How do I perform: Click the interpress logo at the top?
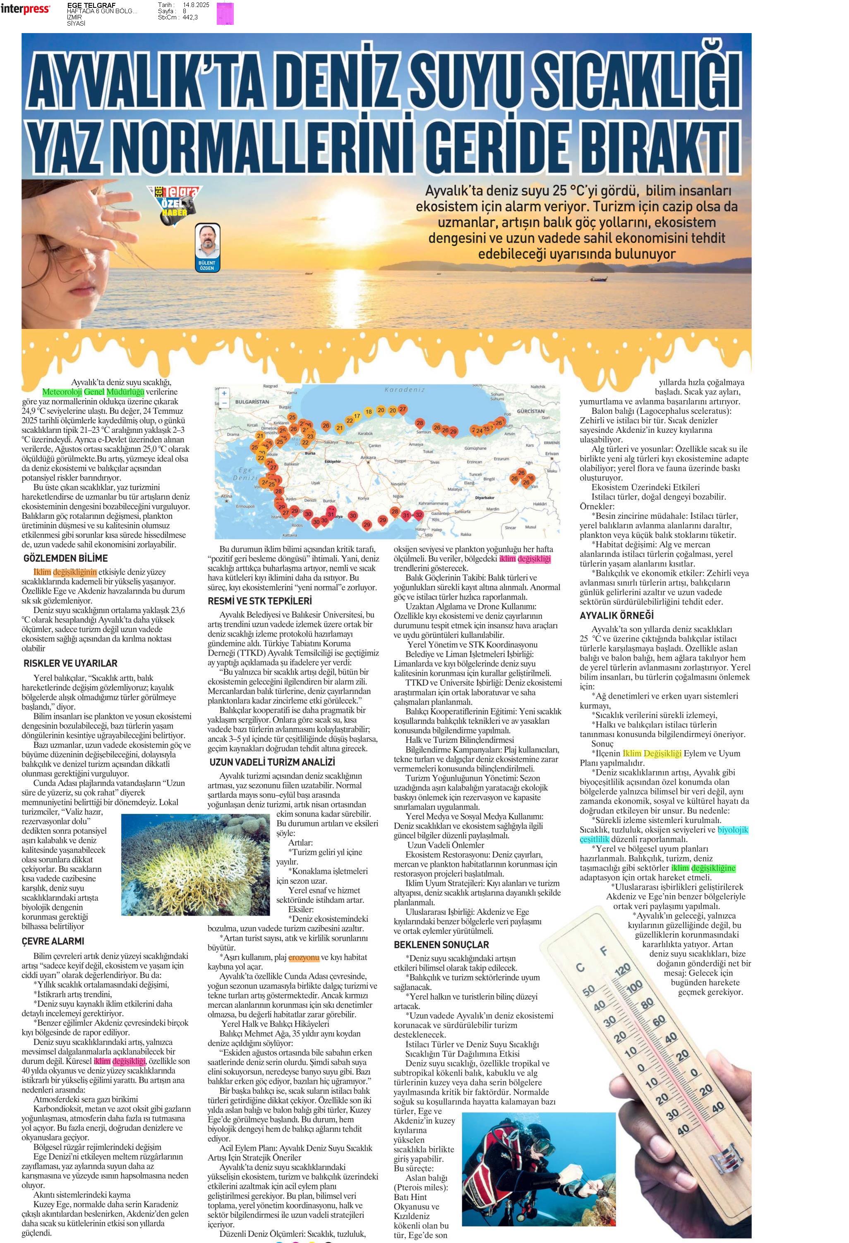25,9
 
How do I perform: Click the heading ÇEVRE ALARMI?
53,941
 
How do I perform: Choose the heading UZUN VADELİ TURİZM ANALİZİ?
272,762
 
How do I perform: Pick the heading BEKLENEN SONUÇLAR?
441,945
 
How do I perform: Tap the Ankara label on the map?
368,458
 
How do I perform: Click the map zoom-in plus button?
224,393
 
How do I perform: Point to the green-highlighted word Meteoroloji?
62,392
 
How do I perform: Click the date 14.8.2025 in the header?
196,5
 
